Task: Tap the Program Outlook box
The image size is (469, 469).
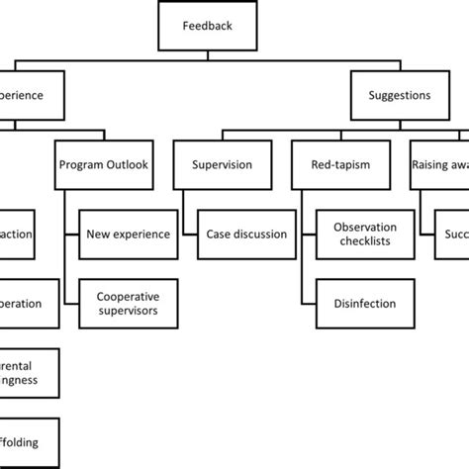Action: coord(104,165)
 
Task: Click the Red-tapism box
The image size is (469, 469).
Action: coord(339,165)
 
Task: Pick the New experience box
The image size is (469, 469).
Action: coord(128,234)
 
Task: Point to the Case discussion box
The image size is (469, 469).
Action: coord(246,234)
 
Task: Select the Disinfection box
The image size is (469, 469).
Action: coord(363,303)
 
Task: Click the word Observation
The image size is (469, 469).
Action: coord(363,227)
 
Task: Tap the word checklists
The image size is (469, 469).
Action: coord(363,242)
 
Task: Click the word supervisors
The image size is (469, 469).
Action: coord(127,311)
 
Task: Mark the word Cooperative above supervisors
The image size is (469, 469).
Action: coord(127,296)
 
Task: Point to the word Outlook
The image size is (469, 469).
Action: coord(128,165)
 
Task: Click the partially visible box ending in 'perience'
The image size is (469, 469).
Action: coord(30,97)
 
